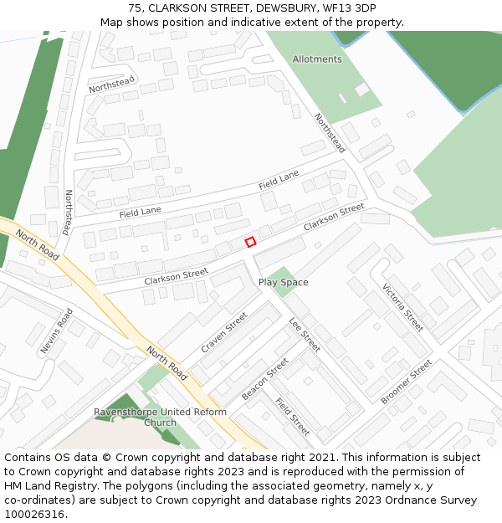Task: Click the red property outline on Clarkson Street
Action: [250, 242]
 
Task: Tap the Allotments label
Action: [317, 59]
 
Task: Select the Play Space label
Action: [283, 283]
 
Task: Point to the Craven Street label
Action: [224, 332]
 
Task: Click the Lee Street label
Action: [305, 335]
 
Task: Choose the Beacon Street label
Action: [265, 378]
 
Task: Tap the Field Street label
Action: [292, 416]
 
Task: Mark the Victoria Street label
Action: [402, 307]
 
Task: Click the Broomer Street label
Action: [407, 382]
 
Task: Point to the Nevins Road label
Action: [57, 331]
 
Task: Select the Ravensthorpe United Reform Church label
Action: [160, 417]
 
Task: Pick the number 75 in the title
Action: [135, 8]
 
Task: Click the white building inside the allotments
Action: [362, 90]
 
